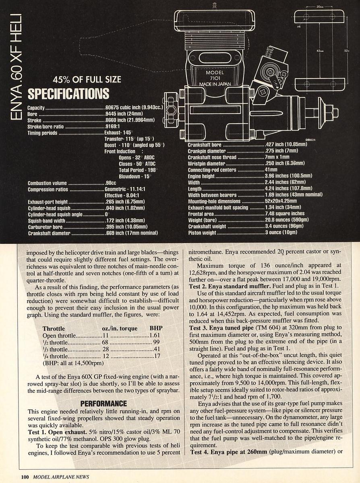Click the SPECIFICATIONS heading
68,93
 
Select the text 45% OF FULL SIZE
89,79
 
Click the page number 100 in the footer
25,477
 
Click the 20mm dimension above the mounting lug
321,7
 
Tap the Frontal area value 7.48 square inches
285,214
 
